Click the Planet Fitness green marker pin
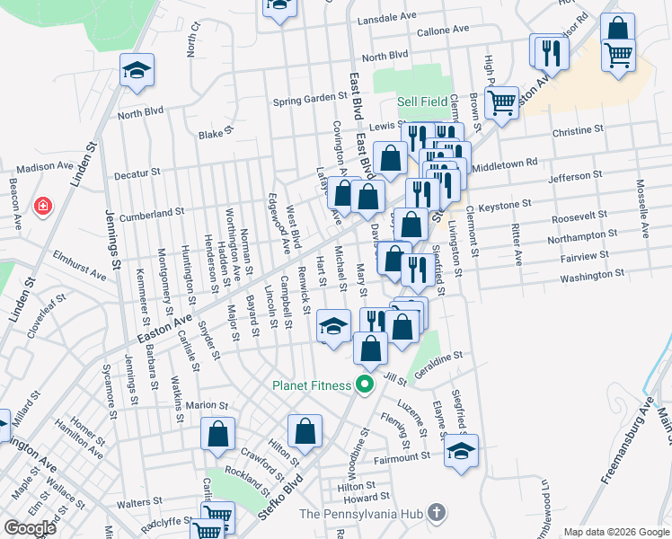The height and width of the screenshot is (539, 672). (364, 386)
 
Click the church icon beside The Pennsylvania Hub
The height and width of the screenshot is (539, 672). (436, 514)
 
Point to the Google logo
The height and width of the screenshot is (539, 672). (30, 528)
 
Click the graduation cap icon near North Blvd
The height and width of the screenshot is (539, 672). (137, 71)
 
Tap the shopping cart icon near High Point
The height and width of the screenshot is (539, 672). (501, 101)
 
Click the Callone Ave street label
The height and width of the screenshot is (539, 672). (443, 31)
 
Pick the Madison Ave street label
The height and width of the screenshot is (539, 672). (44, 166)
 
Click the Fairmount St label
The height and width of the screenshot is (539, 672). (402, 457)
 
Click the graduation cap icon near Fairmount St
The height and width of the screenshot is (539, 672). (461, 451)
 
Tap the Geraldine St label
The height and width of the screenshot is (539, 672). (438, 356)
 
